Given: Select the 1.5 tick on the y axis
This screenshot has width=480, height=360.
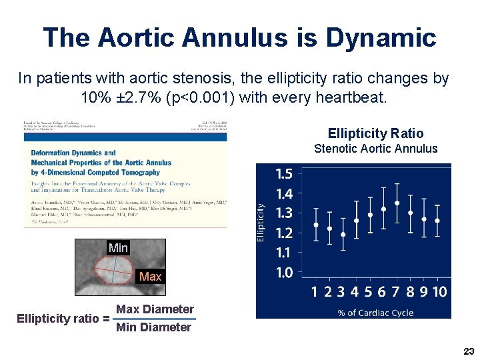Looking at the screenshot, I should click(284, 174).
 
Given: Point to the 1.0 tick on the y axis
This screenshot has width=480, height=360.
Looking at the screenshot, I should click(284, 272).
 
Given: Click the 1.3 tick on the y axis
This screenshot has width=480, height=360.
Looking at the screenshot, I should click(284, 213).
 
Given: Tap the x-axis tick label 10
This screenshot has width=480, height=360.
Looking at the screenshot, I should click(439, 291).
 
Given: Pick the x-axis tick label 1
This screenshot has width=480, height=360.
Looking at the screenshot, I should click(315, 291).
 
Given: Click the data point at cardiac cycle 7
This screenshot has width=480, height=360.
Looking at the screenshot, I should click(397, 203).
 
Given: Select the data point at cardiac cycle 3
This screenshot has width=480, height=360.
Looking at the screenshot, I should click(343, 234).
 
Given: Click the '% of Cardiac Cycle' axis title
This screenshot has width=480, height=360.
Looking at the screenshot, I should click(375, 312).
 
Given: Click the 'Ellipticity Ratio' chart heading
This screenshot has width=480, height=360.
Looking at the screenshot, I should click(375, 133).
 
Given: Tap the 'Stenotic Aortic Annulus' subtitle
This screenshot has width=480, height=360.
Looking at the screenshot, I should click(375, 149).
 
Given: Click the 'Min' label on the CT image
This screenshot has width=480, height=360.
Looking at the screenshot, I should click(118, 248).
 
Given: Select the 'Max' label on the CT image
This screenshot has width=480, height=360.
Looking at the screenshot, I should click(150, 276).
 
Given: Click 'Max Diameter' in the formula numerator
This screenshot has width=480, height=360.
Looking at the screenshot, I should click(155, 309).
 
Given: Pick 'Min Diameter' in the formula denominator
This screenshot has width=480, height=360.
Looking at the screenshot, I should click(153, 327).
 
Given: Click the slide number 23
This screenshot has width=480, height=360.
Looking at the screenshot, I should click(468, 351).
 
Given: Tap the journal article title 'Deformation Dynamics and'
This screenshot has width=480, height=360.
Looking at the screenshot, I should click(73, 153).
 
